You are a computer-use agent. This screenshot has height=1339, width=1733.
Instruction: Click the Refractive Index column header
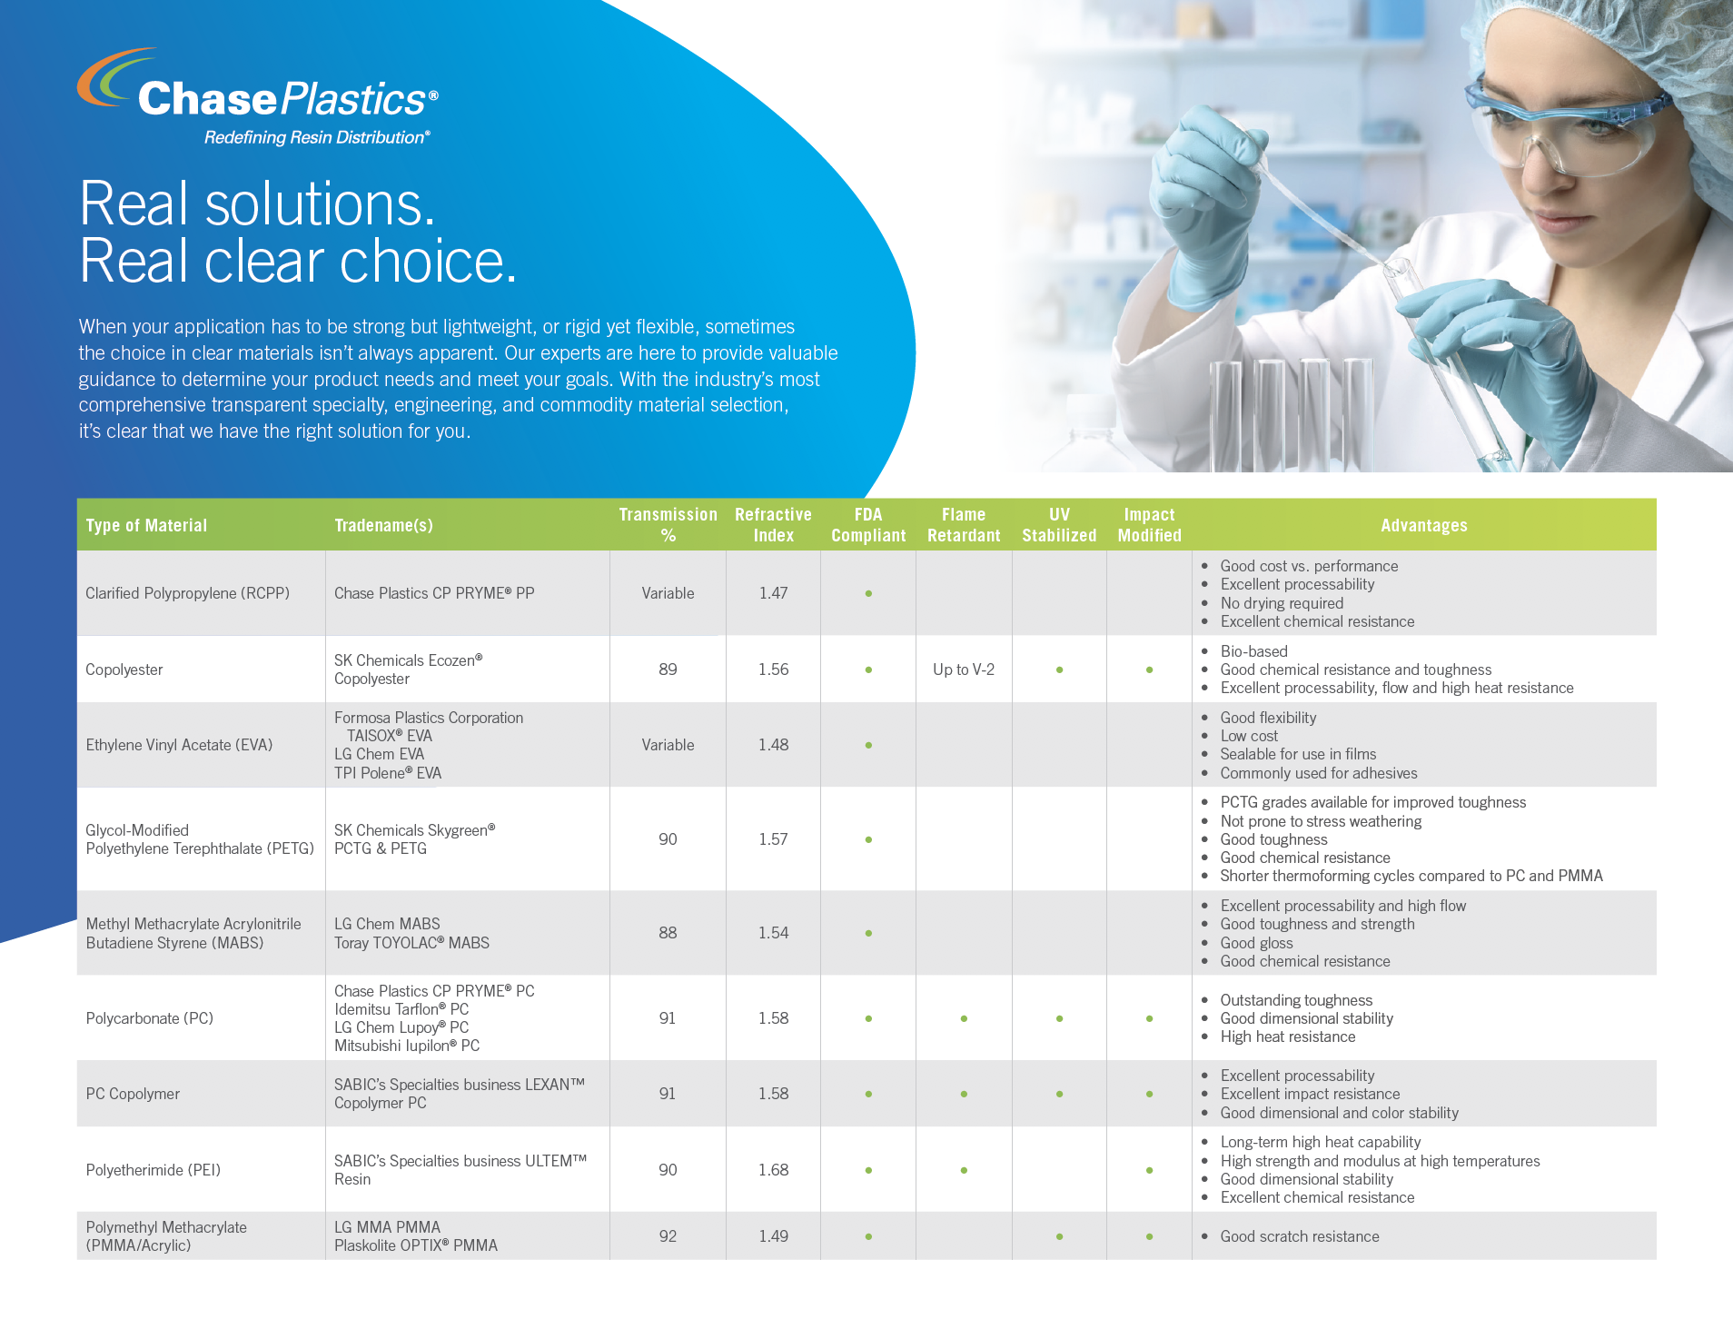773,525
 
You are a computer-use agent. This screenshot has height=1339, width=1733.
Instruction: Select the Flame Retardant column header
964,525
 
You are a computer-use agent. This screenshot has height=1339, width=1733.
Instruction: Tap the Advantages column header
1423,525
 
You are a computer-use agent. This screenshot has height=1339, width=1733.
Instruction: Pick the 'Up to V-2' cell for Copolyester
964,669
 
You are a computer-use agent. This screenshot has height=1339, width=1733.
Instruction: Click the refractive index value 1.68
773,1170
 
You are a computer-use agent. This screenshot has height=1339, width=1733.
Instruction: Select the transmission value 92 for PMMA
668,1236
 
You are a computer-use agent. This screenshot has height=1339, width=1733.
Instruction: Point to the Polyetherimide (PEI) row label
153,1170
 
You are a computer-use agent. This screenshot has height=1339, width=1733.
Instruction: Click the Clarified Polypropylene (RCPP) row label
188,593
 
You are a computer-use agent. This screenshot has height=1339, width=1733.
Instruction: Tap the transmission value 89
668,669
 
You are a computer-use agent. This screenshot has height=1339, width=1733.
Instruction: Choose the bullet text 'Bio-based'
1253,651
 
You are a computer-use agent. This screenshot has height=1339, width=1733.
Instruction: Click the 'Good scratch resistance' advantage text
1300,1236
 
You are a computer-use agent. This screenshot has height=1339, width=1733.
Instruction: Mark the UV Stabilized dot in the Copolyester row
1059,669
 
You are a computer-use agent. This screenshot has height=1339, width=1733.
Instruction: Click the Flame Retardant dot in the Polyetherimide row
964,1170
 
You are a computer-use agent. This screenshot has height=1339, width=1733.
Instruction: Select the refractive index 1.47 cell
773,593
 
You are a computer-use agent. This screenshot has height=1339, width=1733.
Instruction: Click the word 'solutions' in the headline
321,204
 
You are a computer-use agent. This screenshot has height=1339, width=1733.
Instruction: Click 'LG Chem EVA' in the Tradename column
379,754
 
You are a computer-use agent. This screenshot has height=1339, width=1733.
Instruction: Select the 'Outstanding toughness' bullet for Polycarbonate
1296,1000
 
